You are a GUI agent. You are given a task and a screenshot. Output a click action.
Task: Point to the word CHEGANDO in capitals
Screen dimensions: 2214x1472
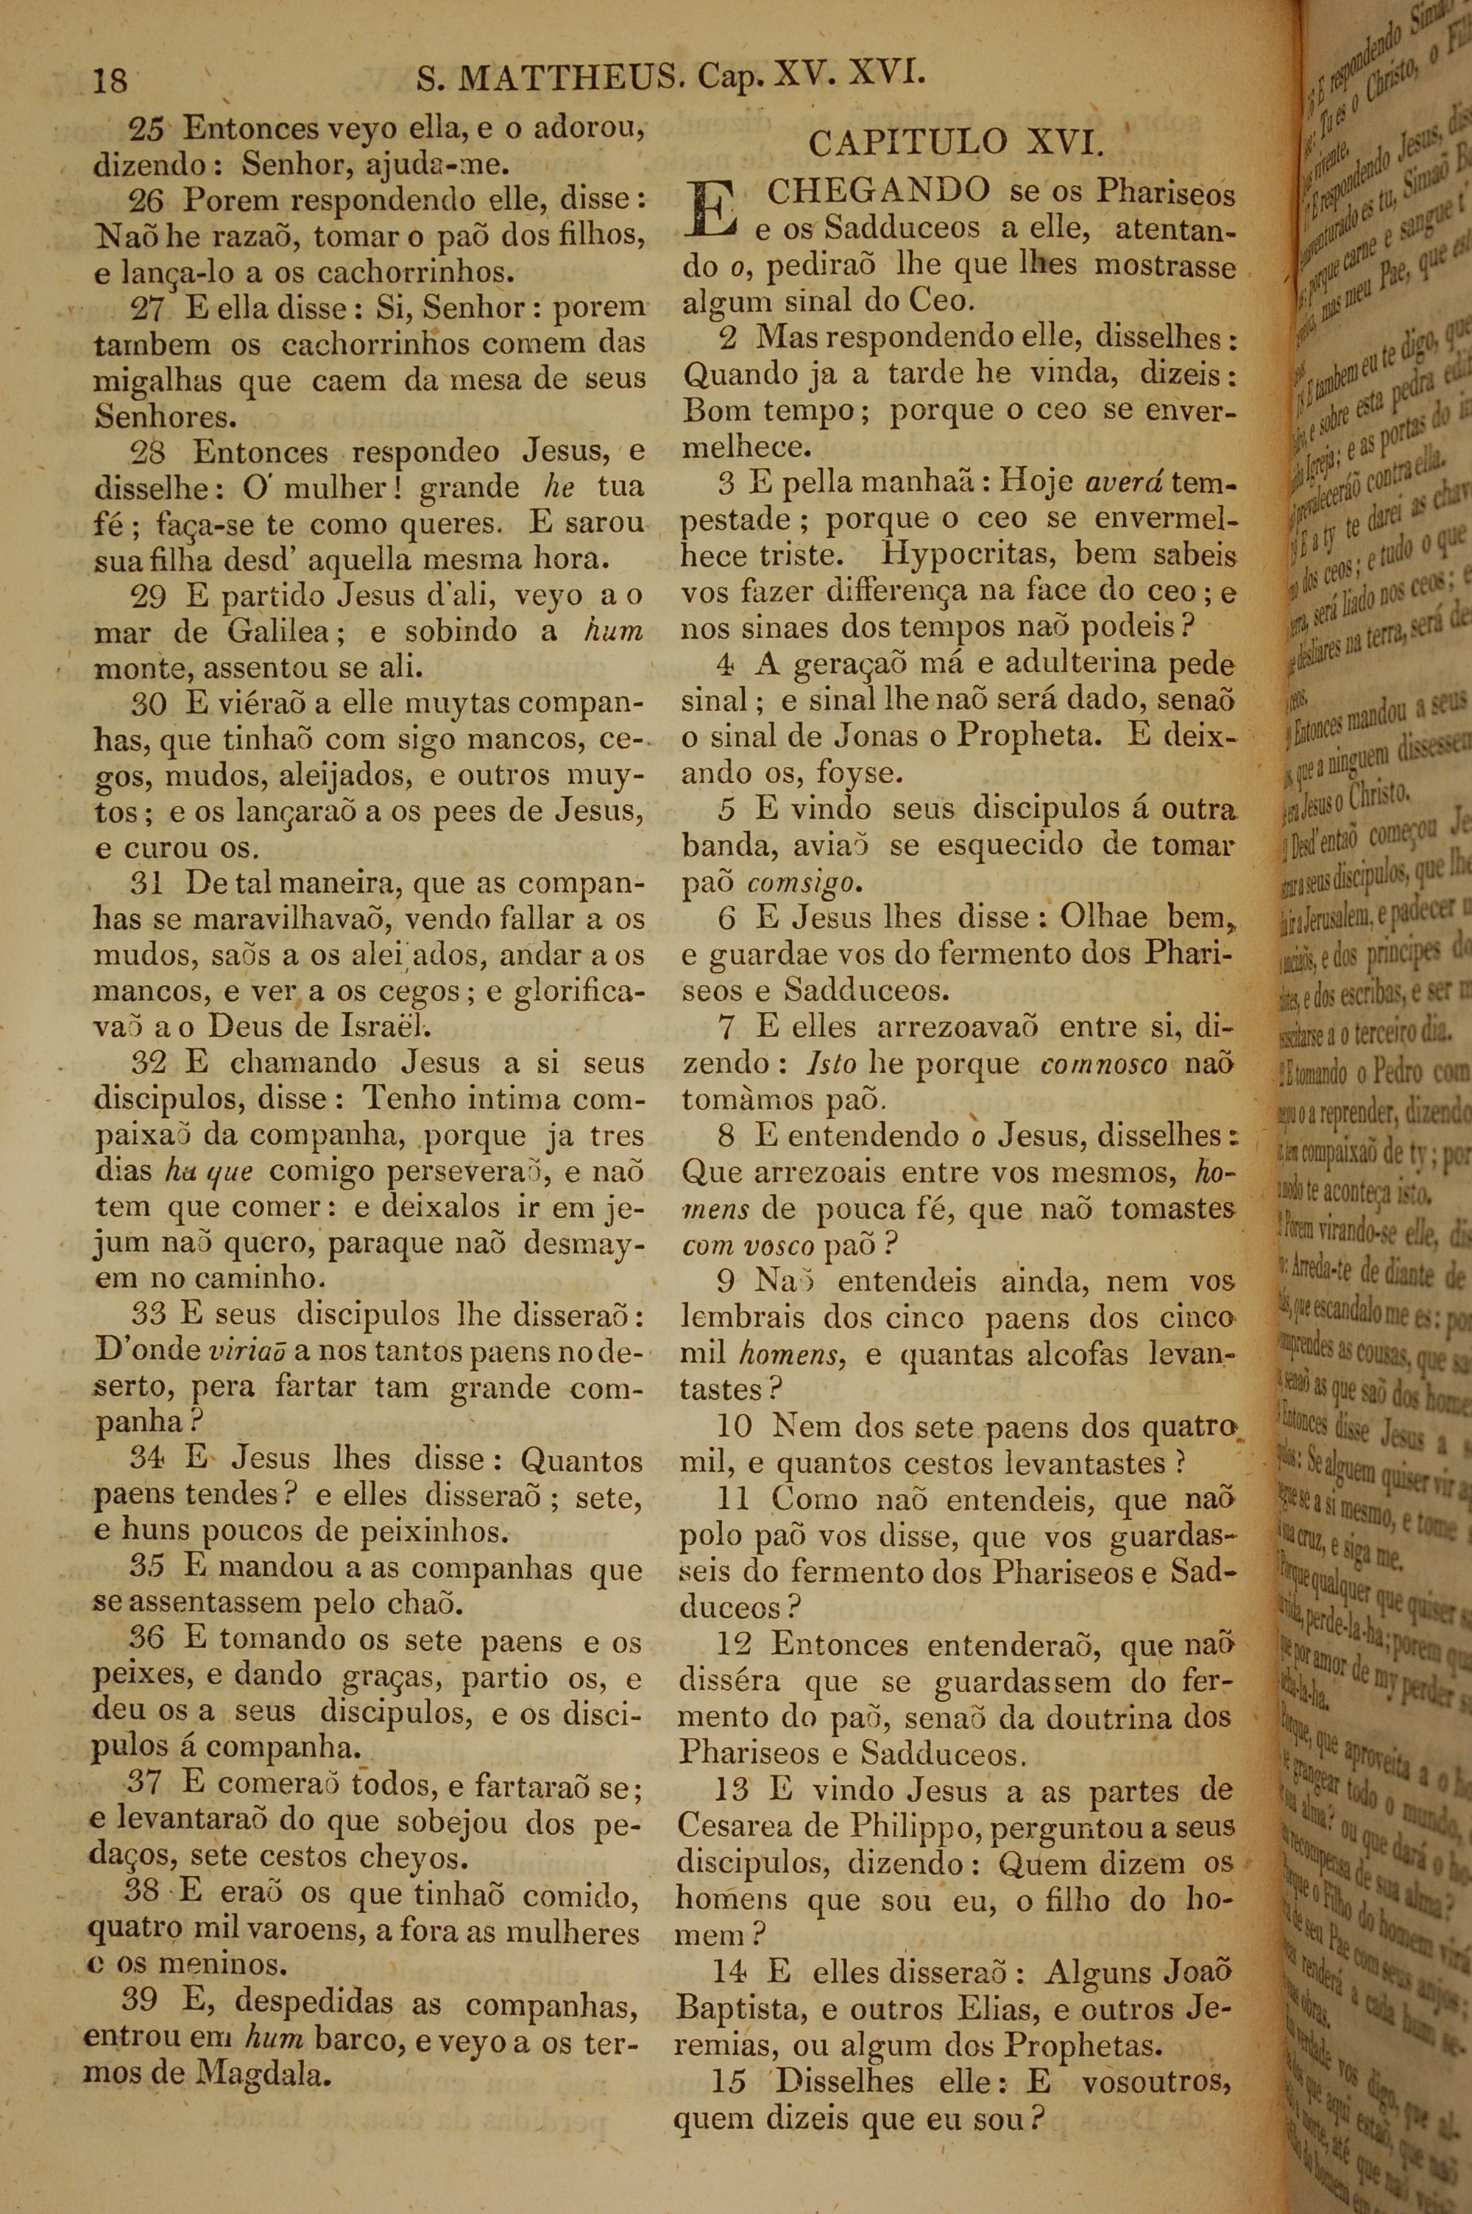(879, 191)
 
